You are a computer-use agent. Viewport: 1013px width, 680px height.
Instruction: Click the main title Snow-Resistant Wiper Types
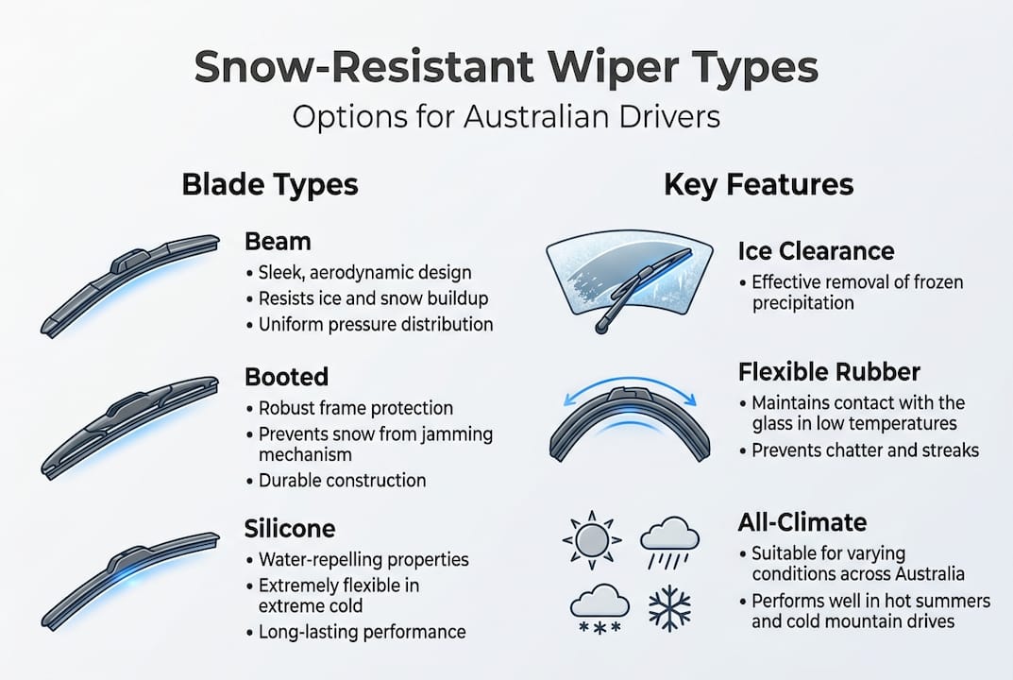[x=506, y=70]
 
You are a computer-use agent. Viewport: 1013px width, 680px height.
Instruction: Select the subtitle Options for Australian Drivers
[x=506, y=116]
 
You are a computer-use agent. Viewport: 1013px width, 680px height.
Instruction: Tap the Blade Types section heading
[x=270, y=184]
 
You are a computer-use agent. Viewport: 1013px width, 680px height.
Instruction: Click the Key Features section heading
[x=759, y=184]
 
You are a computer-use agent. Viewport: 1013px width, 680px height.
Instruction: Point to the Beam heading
[x=271, y=242]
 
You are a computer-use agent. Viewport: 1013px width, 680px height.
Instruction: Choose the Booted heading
[x=286, y=377]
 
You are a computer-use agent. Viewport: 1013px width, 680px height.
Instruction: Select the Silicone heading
[x=290, y=527]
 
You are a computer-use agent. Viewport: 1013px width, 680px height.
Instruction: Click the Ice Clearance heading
[x=816, y=251]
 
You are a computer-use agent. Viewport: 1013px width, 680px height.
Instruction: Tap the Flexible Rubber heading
[x=829, y=371]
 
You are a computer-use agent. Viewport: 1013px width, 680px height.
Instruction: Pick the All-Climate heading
[x=802, y=521]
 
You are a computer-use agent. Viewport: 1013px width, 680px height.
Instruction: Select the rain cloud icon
[x=669, y=541]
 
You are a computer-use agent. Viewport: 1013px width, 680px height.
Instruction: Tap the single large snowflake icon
[x=669, y=608]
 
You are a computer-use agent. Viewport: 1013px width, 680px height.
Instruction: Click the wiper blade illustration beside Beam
[x=130, y=283]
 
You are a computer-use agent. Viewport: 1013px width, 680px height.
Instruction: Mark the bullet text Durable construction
[x=342, y=481]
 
